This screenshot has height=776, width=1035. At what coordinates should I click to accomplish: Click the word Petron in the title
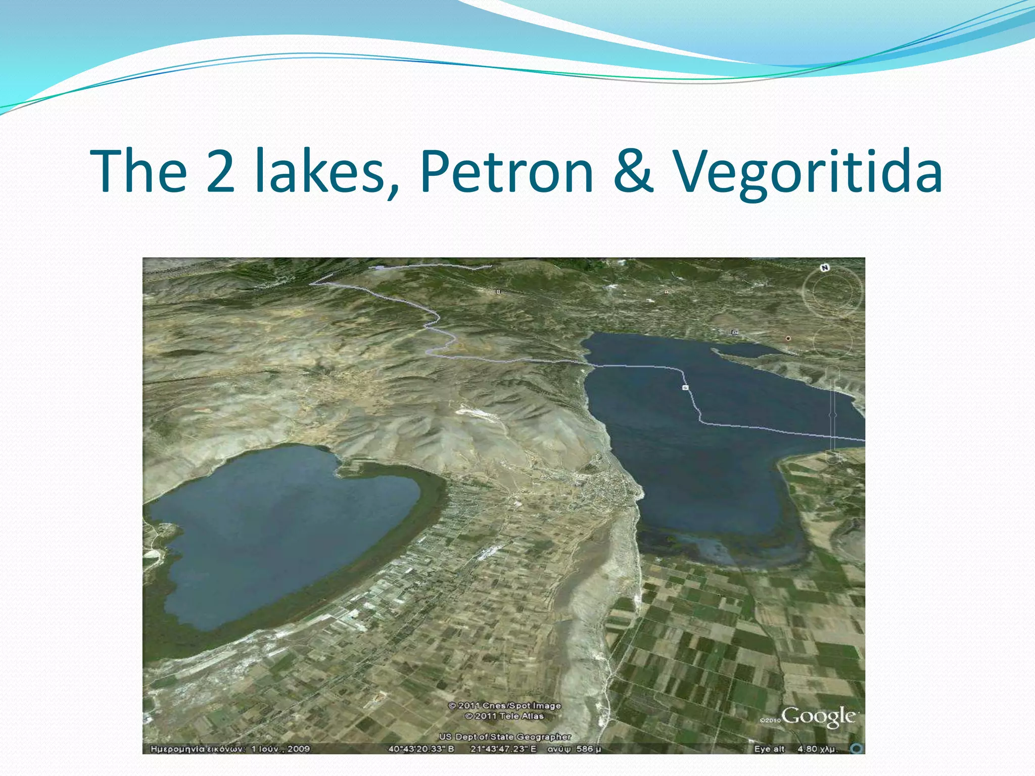pos(506,172)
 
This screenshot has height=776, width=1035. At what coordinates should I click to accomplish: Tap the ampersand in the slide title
pos(634,172)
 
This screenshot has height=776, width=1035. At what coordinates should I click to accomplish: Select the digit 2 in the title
pos(221,172)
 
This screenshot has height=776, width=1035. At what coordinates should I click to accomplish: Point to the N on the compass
pos(825,268)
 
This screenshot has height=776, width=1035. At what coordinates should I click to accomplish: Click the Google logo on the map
pos(819,716)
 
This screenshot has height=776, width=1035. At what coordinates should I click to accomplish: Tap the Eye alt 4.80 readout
pos(795,749)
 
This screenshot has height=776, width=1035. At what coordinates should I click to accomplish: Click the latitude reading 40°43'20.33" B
pos(421,749)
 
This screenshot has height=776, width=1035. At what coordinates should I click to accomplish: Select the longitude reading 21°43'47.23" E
pos(503,749)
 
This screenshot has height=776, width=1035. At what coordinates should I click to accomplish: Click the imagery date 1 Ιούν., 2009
pos(280,749)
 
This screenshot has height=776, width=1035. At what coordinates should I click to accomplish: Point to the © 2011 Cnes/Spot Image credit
pos(504,705)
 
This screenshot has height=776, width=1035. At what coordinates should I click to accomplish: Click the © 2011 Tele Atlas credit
pos(504,716)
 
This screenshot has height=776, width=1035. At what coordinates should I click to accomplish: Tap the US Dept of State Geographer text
pos(504,737)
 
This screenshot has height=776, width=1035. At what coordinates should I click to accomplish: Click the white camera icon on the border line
pos(685,387)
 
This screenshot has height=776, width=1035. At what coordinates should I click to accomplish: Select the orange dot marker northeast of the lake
pos(788,338)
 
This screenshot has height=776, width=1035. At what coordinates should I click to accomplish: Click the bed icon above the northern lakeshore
pos(735,332)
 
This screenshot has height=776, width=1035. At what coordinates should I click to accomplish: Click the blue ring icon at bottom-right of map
pos(856,748)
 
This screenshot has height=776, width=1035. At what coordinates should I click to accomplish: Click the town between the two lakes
pos(606,485)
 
